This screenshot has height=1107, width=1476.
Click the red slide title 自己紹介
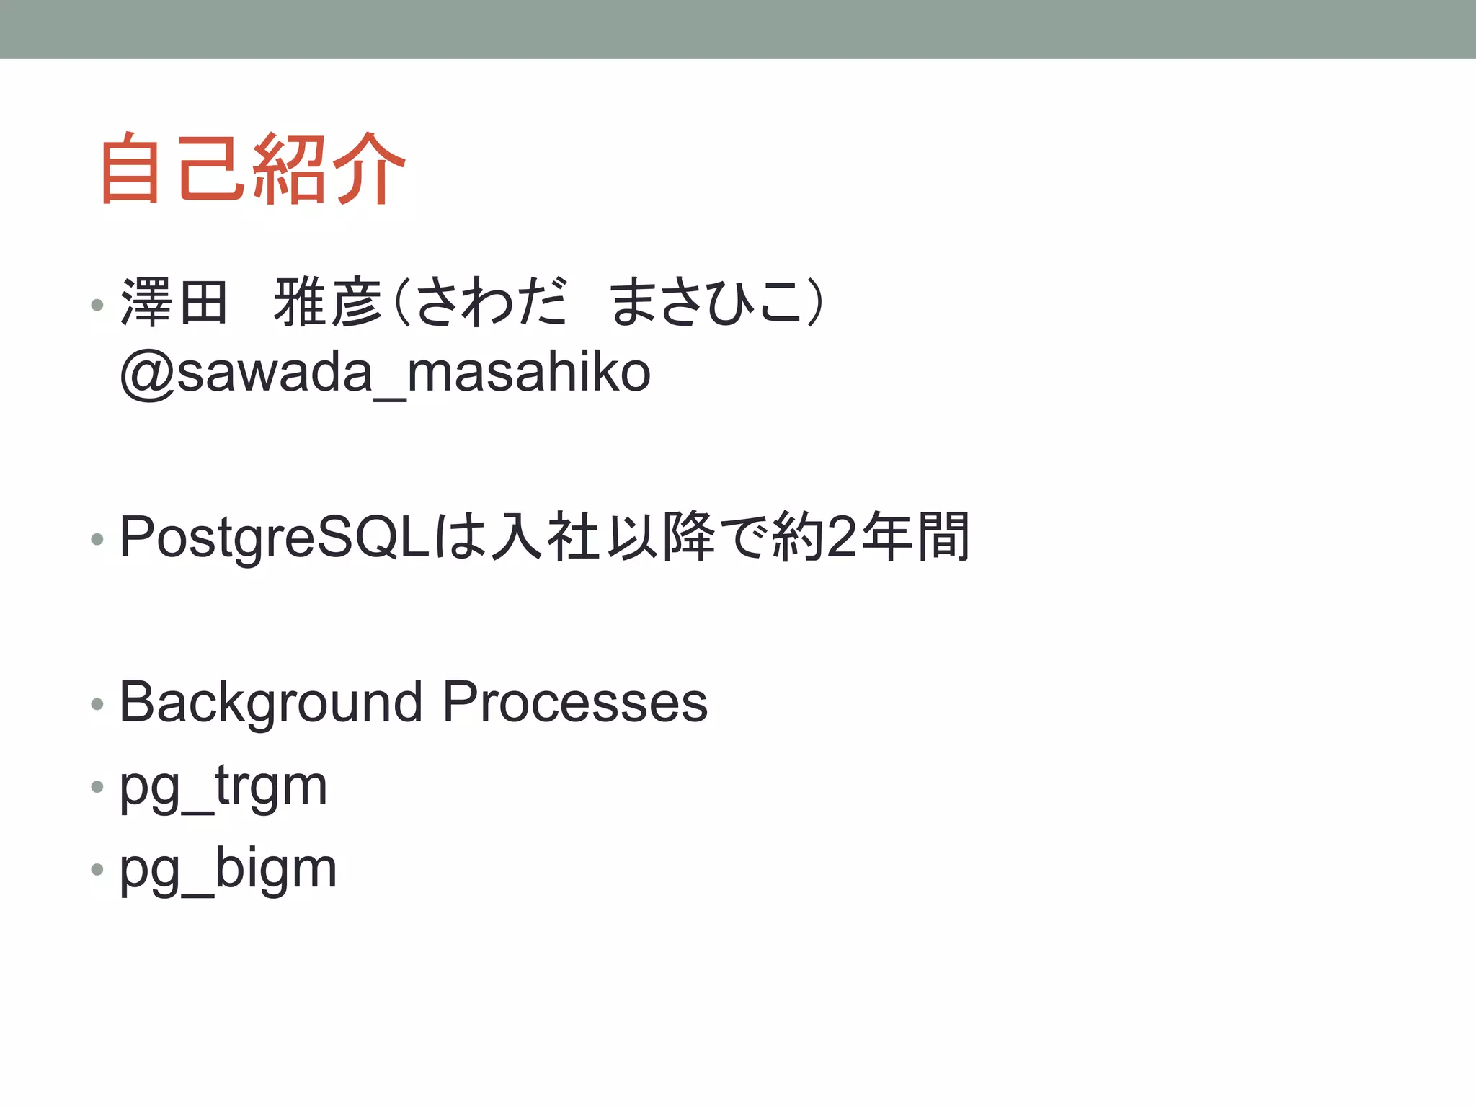[252, 169]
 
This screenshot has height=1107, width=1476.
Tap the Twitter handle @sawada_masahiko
[386, 373]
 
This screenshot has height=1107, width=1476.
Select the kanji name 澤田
[174, 303]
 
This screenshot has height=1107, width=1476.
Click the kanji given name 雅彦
[328, 303]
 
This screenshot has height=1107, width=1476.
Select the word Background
[271, 703]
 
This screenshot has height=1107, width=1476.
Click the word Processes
[575, 703]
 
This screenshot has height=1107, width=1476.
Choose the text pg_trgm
[223, 786]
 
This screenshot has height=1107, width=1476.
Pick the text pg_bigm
[228, 869]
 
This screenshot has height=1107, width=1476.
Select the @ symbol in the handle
[147, 374]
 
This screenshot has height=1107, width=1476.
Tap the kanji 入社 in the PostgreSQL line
[546, 538]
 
